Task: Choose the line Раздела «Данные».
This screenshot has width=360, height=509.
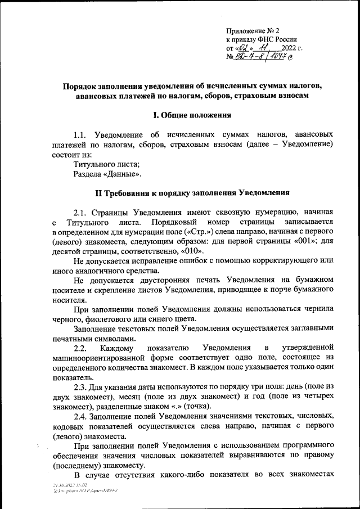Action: tap(107, 174)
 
